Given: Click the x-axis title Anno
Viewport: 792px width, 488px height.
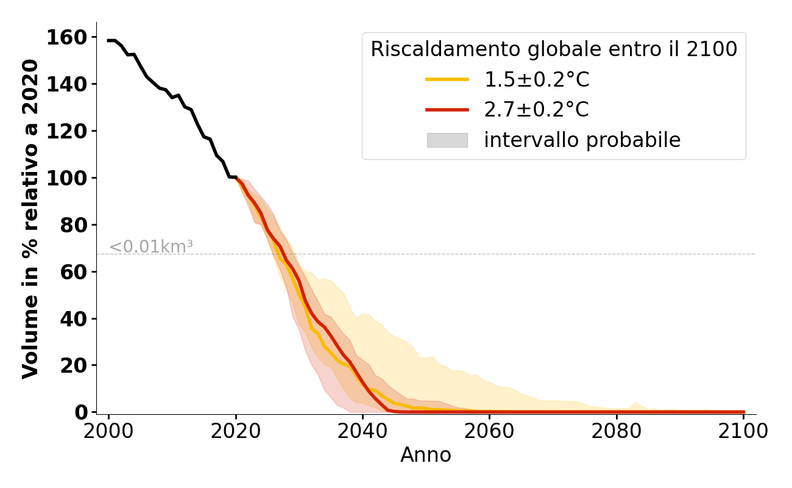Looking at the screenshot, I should tap(426, 455).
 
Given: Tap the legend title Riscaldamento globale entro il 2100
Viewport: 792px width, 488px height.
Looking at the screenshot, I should tap(554, 49).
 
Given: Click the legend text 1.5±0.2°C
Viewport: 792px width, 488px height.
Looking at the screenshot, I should tap(537, 79).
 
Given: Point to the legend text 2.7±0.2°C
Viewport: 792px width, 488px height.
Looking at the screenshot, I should tap(537, 110).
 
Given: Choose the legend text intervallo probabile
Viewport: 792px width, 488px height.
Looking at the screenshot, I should tap(582, 140).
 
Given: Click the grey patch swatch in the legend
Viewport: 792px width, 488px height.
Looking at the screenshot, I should tap(447, 140).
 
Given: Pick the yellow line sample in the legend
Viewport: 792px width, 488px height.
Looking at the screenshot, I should tap(447, 79).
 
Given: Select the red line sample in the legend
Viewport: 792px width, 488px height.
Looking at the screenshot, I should tap(447, 110).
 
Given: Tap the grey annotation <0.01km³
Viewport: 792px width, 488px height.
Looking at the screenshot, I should tap(151, 247).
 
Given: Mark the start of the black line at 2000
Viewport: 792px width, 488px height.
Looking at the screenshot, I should tap(109, 40).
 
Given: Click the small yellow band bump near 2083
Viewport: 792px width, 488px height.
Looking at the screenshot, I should tap(635, 403).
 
